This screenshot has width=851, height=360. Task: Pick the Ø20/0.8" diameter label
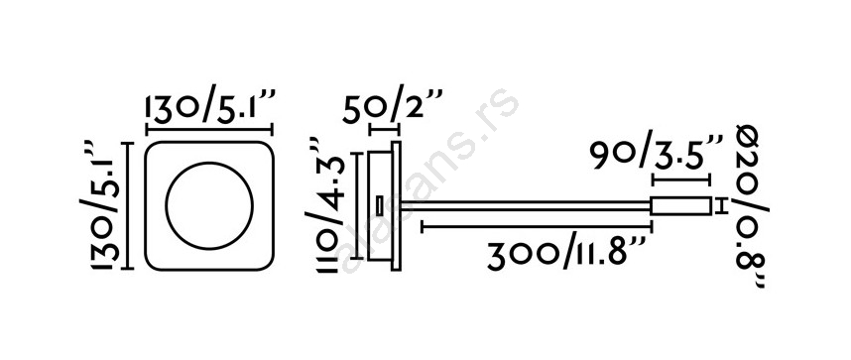tap(752, 206)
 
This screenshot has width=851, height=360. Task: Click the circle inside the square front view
tap(209, 206)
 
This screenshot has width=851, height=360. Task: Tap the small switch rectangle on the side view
tap(378, 206)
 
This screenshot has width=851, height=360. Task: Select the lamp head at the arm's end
tap(680, 206)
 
